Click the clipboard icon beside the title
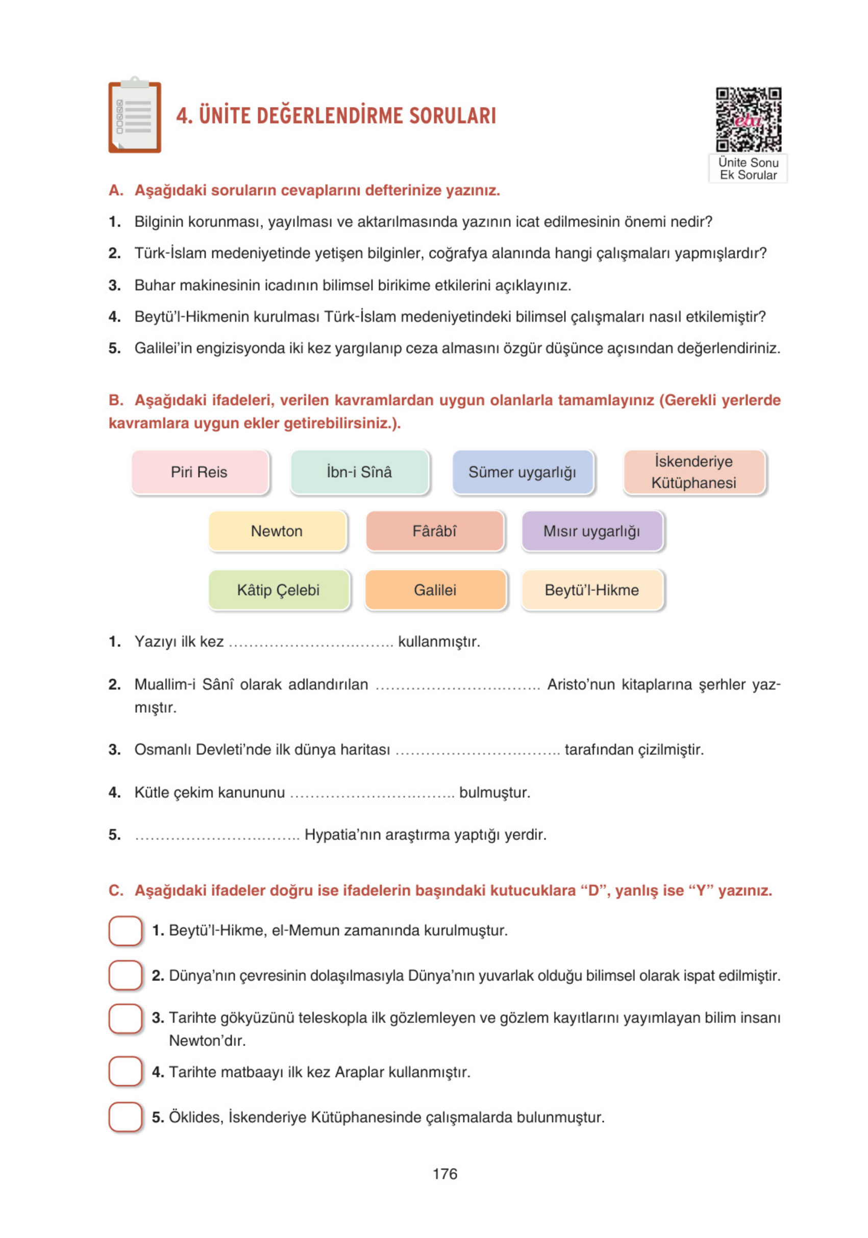click(x=134, y=115)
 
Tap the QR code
click(x=748, y=119)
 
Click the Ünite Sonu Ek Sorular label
click(x=748, y=169)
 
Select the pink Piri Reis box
click(x=200, y=472)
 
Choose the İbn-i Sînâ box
click(x=359, y=472)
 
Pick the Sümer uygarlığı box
click(x=522, y=472)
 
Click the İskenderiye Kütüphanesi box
click(x=694, y=472)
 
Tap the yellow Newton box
click(x=277, y=531)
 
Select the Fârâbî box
click(x=434, y=531)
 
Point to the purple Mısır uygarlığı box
click(x=591, y=531)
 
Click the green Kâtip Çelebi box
click(x=279, y=590)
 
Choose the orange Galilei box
click(x=435, y=590)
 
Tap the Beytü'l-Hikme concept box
click(x=591, y=590)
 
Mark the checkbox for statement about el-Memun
click(x=126, y=931)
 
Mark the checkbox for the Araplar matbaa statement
click(x=126, y=1072)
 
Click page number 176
click(x=444, y=1174)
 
